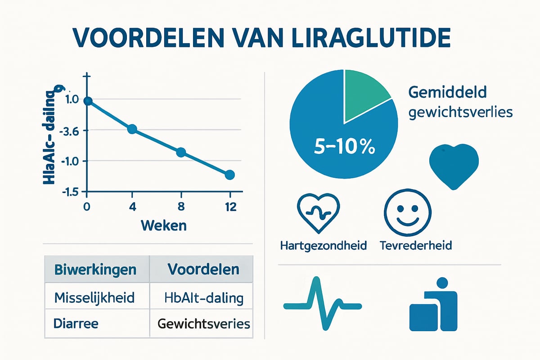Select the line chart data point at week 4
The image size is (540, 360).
(x=132, y=129)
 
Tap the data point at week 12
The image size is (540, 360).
(x=229, y=175)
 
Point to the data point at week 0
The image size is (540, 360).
(x=88, y=101)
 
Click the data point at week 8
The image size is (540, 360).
(x=181, y=152)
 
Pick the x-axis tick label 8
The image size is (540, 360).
(x=181, y=207)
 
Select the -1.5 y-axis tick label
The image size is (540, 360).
(x=72, y=192)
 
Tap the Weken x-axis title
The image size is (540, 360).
(x=164, y=225)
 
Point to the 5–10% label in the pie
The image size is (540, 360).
(x=345, y=147)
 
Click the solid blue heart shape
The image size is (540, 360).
(x=454, y=166)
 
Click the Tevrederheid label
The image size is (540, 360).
(x=415, y=246)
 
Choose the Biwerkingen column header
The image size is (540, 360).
(x=95, y=270)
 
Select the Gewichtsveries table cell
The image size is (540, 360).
(x=203, y=324)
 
